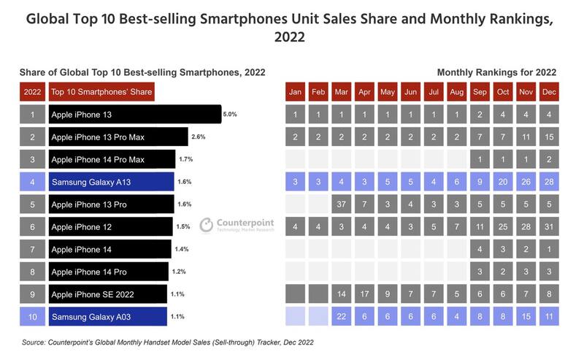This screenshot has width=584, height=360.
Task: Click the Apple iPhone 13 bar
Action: (x=134, y=115)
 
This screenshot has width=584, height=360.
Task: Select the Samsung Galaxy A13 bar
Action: (x=111, y=182)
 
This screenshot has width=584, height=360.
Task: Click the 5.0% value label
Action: (x=230, y=115)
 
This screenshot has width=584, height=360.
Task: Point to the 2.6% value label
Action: (x=199, y=137)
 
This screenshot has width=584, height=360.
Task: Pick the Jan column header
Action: (x=295, y=93)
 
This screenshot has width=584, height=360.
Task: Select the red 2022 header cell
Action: (x=32, y=93)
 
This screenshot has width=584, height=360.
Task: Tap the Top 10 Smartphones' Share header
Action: (x=101, y=93)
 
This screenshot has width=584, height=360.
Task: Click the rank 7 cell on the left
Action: (x=32, y=250)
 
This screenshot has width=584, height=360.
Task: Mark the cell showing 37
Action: (x=341, y=204)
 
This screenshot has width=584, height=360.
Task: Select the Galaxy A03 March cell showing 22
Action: (x=341, y=317)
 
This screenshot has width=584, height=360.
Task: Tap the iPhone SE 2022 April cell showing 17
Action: (x=364, y=294)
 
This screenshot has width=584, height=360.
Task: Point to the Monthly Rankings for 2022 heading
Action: (x=496, y=72)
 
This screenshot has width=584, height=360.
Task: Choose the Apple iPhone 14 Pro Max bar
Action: (x=112, y=159)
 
